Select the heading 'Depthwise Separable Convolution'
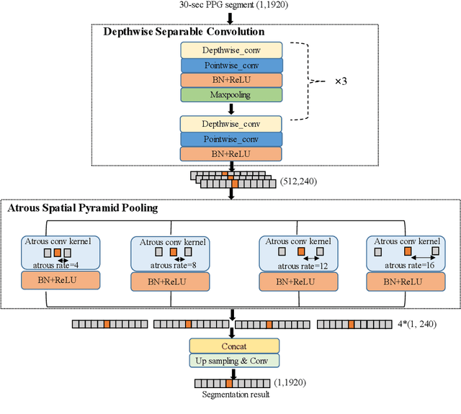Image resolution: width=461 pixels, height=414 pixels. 184,32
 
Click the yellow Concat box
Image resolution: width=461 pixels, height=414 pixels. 233,346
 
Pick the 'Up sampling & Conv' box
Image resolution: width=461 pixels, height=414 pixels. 233,361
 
